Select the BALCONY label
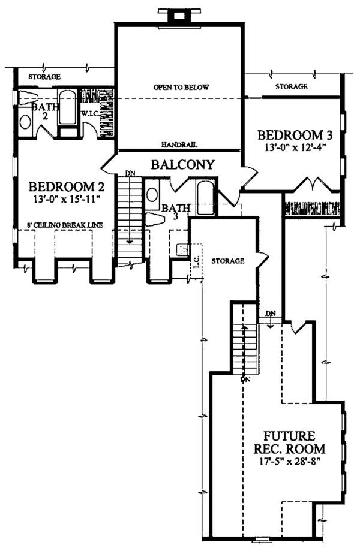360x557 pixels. (x=182, y=164)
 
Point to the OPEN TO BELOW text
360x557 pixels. (x=181, y=88)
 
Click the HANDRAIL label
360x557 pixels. (x=179, y=144)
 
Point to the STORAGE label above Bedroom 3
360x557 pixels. (x=292, y=87)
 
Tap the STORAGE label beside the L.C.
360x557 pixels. (x=227, y=261)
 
